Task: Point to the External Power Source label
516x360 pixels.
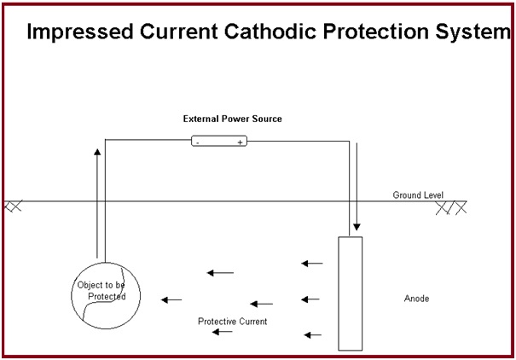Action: [x=232, y=119]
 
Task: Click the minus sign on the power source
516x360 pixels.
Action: [x=198, y=142]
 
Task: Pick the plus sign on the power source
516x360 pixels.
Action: [x=240, y=142]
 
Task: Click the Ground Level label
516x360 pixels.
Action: [x=418, y=195]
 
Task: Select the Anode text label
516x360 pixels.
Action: [x=416, y=299]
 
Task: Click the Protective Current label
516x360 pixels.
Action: [x=233, y=321]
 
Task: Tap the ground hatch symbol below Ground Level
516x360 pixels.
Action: [x=451, y=206]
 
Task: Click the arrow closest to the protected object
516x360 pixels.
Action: [x=171, y=299]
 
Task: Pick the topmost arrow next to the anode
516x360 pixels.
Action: [x=311, y=264]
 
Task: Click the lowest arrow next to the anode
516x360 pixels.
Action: [x=312, y=334]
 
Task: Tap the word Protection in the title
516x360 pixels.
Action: [x=389, y=33]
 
